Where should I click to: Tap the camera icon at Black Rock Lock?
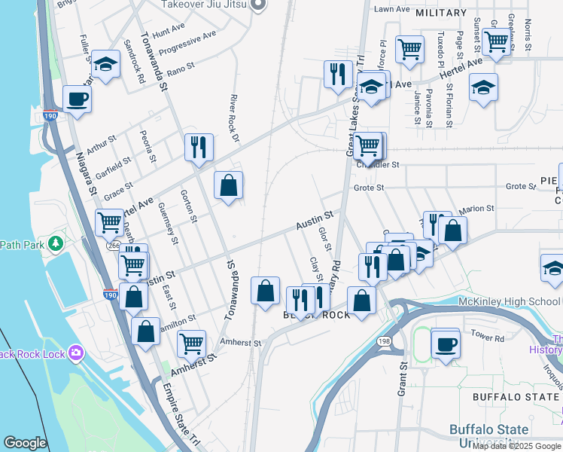(x=75, y=352)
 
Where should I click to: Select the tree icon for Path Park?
(x=55, y=244)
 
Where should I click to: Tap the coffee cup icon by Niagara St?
(x=78, y=98)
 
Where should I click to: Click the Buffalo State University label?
(x=488, y=437)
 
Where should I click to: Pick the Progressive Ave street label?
(x=193, y=39)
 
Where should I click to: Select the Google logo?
(x=25, y=443)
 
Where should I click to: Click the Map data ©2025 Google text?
(x=516, y=446)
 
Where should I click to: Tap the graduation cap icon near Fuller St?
(x=105, y=64)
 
